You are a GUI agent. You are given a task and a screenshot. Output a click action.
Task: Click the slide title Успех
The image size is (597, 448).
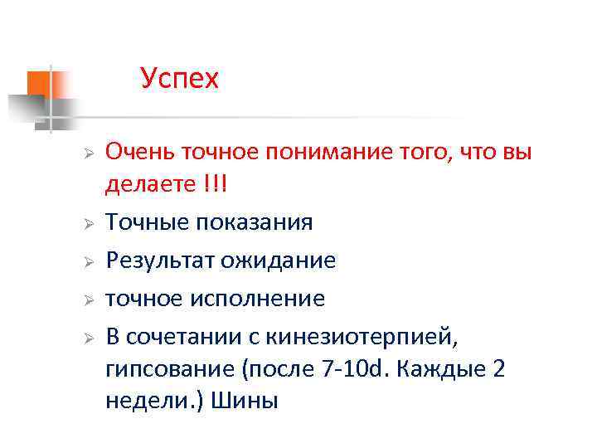point(179,79)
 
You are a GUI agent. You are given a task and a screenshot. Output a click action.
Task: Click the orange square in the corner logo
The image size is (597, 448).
point(39,83)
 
